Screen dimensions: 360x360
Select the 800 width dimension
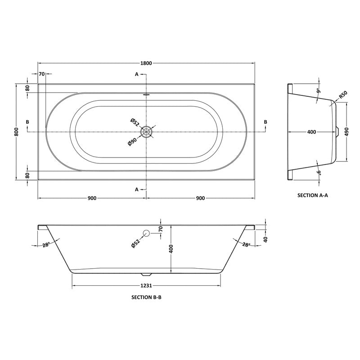coord(16,131)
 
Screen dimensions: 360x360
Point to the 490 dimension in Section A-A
coord(347,132)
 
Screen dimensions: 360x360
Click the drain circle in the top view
coord(146,131)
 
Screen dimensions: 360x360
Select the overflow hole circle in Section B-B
coord(146,233)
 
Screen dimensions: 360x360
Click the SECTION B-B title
coord(147,297)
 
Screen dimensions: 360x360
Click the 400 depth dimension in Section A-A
coord(311,132)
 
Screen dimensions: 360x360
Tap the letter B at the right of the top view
coord(265,122)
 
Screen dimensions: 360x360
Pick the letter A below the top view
coord(137,189)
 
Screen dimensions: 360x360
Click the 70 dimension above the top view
coord(41,73)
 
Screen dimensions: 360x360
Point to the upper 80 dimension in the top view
coord(27,88)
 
